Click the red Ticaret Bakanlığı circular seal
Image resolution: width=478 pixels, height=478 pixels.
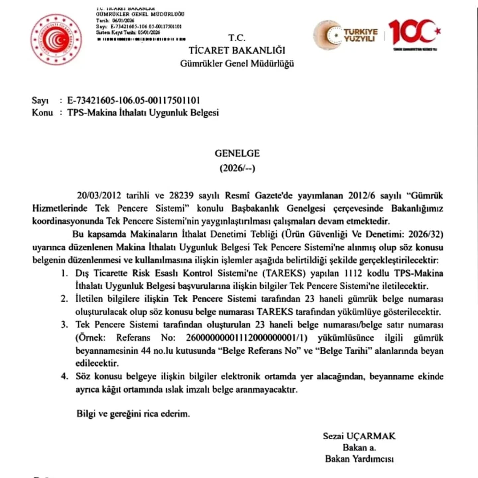[56, 40]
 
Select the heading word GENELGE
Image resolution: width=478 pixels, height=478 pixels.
[237, 153]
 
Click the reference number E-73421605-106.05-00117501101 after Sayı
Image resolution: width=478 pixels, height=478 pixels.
[133, 100]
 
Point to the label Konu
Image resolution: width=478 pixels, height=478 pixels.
[42, 113]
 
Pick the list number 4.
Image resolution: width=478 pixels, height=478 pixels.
[64, 376]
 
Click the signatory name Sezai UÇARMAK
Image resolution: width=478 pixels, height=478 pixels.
[359, 436]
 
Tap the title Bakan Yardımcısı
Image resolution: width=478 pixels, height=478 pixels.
[359, 459]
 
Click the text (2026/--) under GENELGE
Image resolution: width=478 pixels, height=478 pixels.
[237, 168]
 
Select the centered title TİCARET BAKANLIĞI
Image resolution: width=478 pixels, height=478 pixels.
[237, 50]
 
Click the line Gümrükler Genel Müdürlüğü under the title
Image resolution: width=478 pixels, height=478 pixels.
[237, 63]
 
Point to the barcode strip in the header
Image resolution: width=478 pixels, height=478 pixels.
[141, 39]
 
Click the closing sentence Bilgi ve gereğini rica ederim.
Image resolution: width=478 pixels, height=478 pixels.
[133, 414]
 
